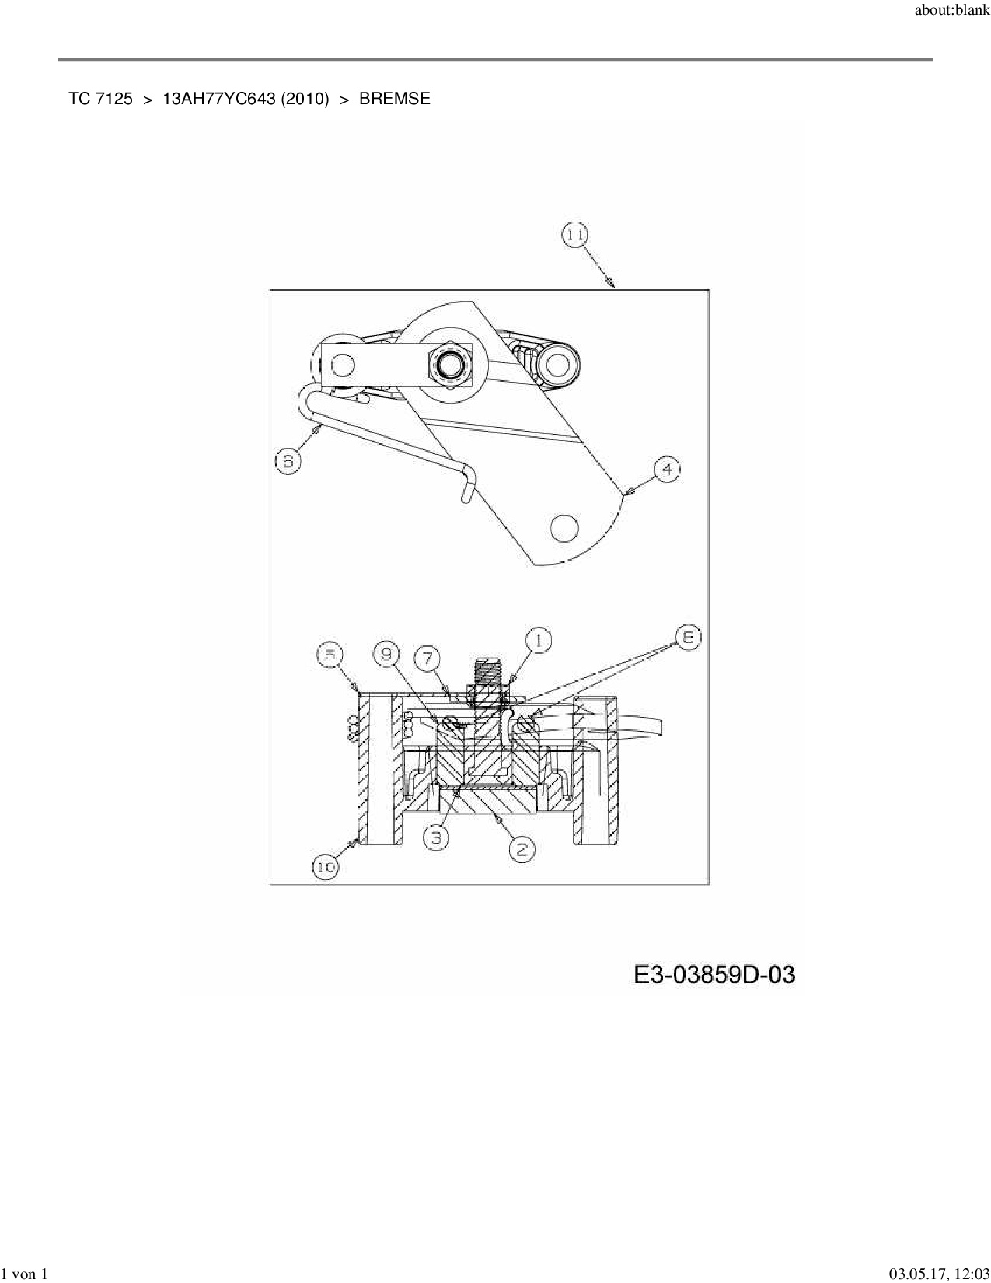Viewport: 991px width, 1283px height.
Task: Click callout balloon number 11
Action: coord(575,236)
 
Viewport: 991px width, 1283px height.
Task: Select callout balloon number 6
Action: coord(288,461)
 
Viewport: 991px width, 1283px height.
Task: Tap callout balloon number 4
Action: coord(666,470)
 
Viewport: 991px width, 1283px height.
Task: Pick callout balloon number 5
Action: coord(330,655)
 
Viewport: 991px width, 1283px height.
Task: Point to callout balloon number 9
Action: coord(386,655)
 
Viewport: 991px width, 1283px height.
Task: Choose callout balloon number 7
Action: coord(427,659)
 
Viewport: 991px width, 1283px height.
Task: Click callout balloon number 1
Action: coord(538,641)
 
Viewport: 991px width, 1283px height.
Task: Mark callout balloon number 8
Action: coord(687,638)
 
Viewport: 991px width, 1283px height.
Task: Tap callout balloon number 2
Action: coord(522,849)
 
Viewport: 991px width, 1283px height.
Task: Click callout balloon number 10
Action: coord(326,866)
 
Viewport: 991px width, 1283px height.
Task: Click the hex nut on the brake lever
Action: coord(449,363)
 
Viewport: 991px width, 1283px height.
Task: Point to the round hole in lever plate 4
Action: coord(564,527)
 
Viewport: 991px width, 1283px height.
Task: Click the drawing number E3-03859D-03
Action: coord(714,974)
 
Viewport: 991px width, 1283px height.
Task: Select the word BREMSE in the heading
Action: coord(394,99)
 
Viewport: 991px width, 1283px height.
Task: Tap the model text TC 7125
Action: coord(100,99)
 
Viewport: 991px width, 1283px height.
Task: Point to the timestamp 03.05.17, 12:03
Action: coord(938,1274)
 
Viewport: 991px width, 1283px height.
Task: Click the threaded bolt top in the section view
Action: coord(487,670)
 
